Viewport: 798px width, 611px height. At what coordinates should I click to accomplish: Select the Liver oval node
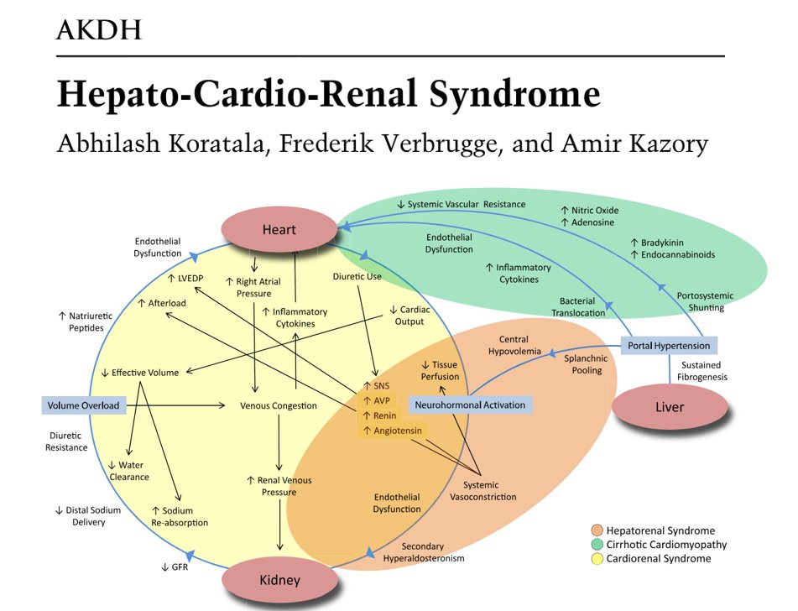[669, 407]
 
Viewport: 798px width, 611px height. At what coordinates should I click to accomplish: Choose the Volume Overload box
[83, 405]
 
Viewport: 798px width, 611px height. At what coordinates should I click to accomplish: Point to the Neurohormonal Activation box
[470, 405]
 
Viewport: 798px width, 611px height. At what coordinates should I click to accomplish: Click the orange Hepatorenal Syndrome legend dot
[596, 530]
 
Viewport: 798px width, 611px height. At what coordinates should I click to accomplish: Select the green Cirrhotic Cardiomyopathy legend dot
[596, 545]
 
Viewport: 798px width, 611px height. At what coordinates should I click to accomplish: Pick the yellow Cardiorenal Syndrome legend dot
[596, 559]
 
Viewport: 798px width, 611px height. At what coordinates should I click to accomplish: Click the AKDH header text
[97, 31]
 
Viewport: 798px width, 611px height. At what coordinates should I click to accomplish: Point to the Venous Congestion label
[278, 405]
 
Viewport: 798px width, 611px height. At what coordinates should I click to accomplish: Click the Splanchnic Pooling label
[587, 364]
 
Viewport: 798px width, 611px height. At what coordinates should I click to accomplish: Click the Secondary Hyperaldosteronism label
[423, 552]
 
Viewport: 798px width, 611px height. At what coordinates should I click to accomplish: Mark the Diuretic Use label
[357, 274]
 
